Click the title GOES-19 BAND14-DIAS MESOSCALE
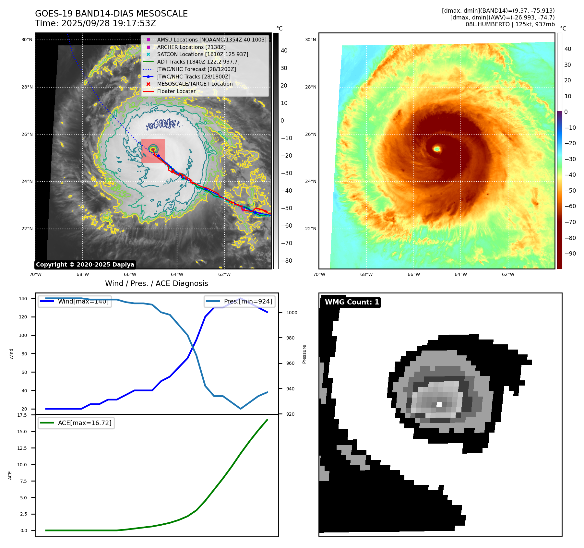click(x=111, y=14)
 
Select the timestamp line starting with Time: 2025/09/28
click(x=95, y=23)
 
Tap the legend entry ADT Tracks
click(x=198, y=62)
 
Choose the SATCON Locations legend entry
click(x=202, y=54)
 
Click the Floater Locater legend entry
click(x=176, y=91)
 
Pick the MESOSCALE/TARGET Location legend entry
click(x=195, y=84)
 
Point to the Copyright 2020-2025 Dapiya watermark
click(x=85, y=265)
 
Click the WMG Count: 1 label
click(x=352, y=302)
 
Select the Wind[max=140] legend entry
click(x=83, y=301)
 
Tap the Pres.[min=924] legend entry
click(x=248, y=301)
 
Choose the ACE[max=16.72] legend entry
click(x=84, y=423)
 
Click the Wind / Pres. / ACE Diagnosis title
click(x=156, y=283)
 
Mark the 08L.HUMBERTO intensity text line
click(x=510, y=24)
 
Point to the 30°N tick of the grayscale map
click(x=27, y=40)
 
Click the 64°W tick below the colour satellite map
click(x=461, y=274)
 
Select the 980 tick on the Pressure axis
click(x=290, y=338)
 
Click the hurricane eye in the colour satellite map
click(x=437, y=149)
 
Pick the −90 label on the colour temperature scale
click(x=570, y=254)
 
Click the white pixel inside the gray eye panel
click(x=439, y=404)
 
